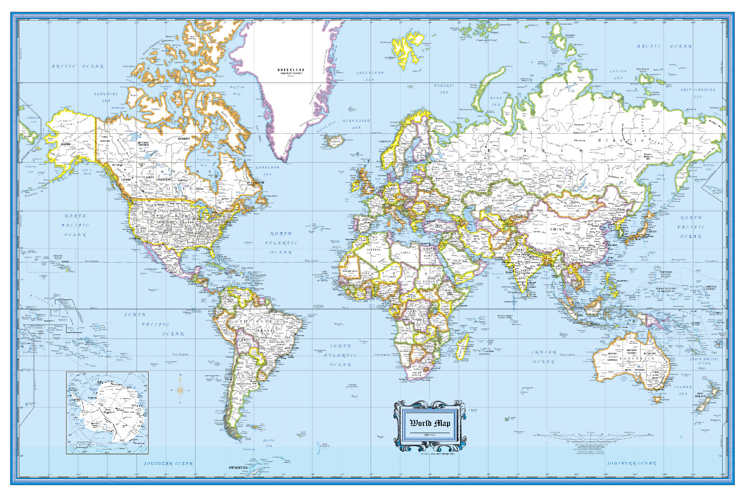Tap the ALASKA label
(x=66, y=144)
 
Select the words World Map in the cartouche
(x=430, y=423)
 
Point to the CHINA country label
(x=557, y=229)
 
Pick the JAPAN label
(x=651, y=231)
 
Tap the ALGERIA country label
(x=374, y=249)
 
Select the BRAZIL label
(x=264, y=330)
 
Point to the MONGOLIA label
(x=573, y=206)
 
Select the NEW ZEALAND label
(x=703, y=395)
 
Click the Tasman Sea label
(x=683, y=390)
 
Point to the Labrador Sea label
(x=267, y=170)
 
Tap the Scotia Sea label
(x=269, y=442)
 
